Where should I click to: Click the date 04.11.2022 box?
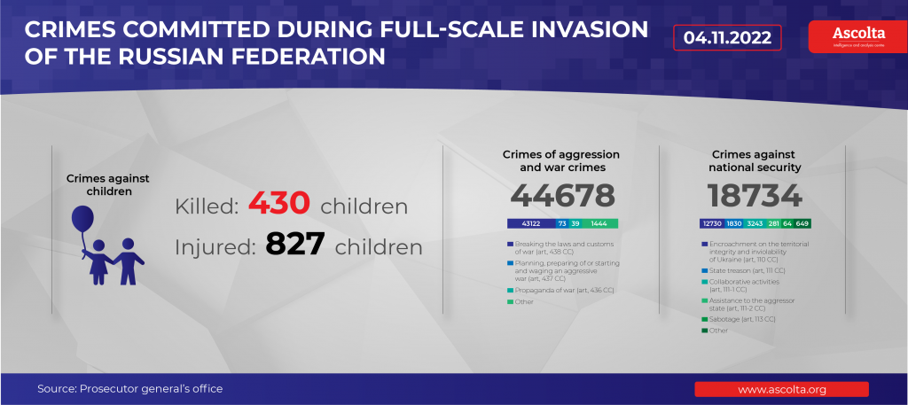click(x=727, y=37)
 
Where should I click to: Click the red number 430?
click(x=278, y=204)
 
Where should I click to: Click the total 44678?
click(x=562, y=195)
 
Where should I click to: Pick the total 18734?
click(x=755, y=195)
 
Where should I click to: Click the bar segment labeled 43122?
click(x=530, y=224)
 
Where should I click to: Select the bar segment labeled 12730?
click(x=712, y=224)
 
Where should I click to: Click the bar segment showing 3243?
click(x=755, y=224)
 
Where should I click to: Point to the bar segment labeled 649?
click(x=802, y=224)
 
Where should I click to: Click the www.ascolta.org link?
click(x=781, y=389)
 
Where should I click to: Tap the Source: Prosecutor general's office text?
click(x=129, y=389)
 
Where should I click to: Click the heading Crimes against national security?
click(x=755, y=160)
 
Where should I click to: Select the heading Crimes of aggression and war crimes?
click(x=562, y=160)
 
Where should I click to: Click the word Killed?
click(x=206, y=206)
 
